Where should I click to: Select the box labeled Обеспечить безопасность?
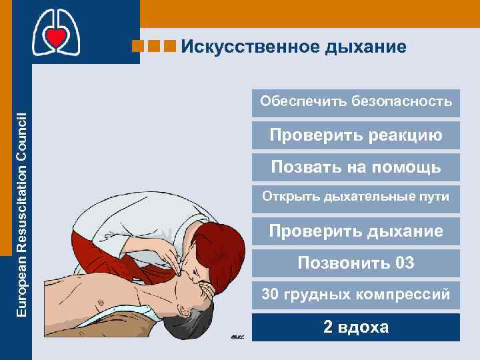pyautogui.click(x=356, y=102)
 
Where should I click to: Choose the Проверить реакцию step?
pyautogui.click(x=356, y=135)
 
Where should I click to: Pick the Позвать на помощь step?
pyautogui.click(x=356, y=167)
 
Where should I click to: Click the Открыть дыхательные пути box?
pyautogui.click(x=356, y=197)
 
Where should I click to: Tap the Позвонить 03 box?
pyautogui.click(x=356, y=263)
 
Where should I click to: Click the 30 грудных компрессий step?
pyautogui.click(x=356, y=295)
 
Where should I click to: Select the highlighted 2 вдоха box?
pyautogui.click(x=356, y=327)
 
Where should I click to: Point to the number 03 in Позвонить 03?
pyautogui.click(x=405, y=263)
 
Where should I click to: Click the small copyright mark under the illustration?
pyautogui.click(x=238, y=337)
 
